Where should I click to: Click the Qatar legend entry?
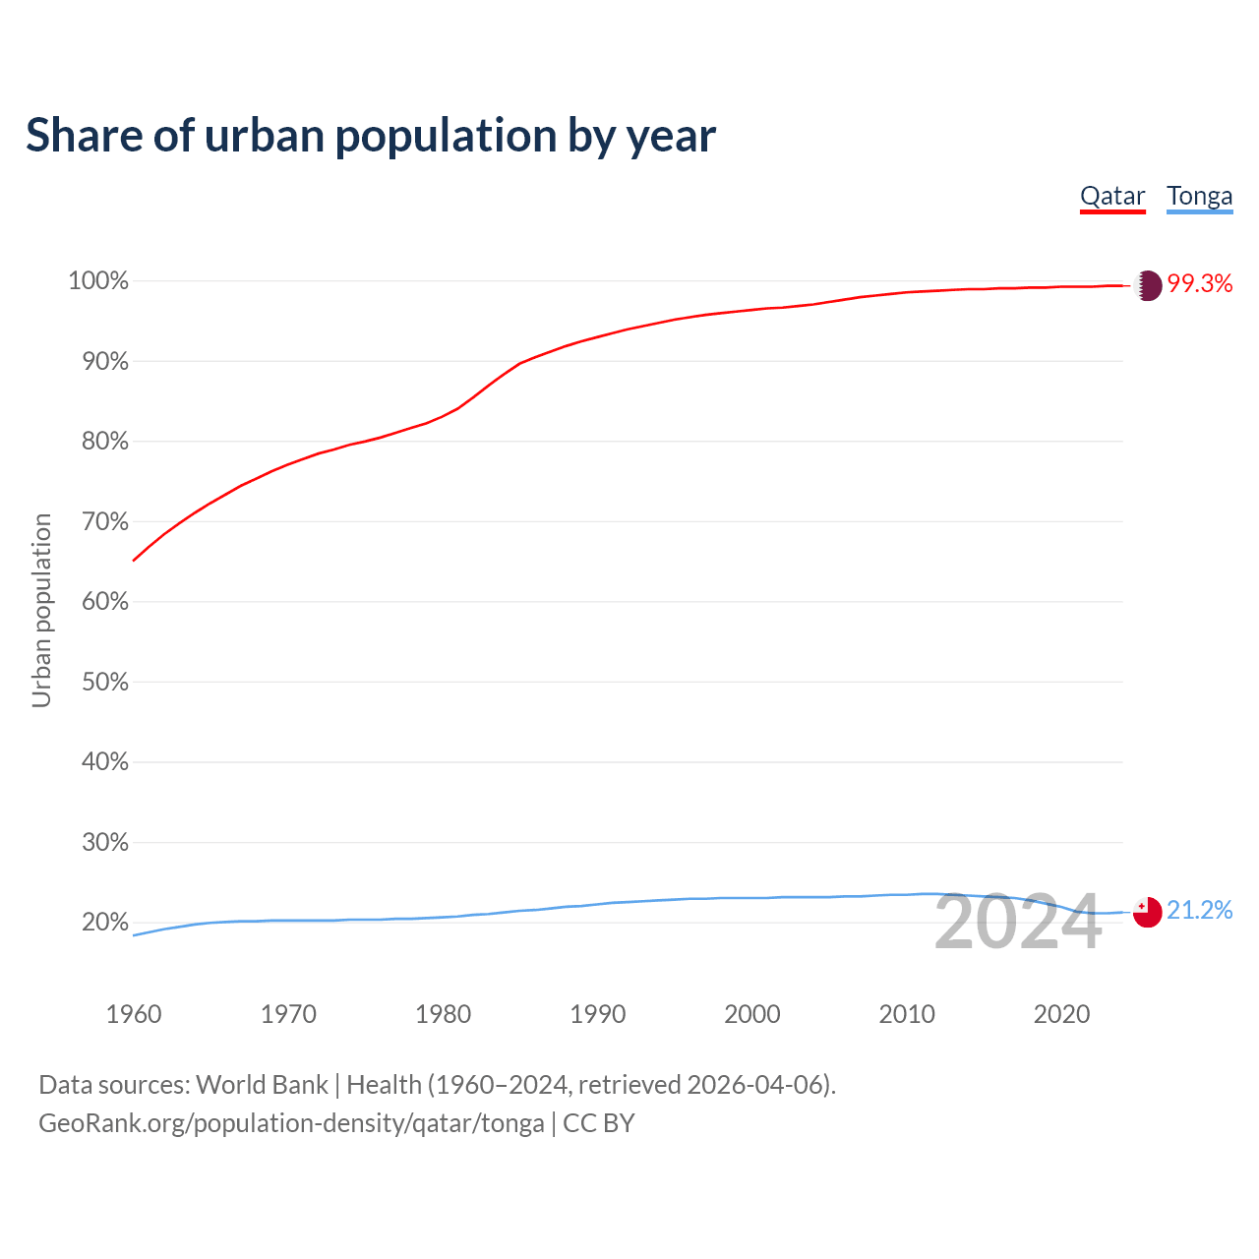coord(1112,196)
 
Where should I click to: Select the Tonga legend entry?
coord(1199,196)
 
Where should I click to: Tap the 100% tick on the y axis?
coord(98,281)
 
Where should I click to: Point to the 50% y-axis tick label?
coord(104,682)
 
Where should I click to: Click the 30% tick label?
coord(104,842)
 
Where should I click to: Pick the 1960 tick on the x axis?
coord(134,1014)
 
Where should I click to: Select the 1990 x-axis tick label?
coord(598,1014)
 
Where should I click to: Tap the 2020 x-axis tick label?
coord(1061,1014)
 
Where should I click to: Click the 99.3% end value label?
coord(1200,284)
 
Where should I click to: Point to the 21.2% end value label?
coord(1200,911)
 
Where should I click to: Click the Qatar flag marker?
coord(1148,285)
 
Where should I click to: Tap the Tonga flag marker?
coord(1147,912)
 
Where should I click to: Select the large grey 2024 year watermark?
coord(1018,923)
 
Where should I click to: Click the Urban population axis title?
coord(41,610)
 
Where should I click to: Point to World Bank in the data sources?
coord(262,1085)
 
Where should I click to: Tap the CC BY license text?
coord(599,1123)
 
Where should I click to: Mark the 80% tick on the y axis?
coord(104,442)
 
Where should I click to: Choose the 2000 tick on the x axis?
coord(752,1014)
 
